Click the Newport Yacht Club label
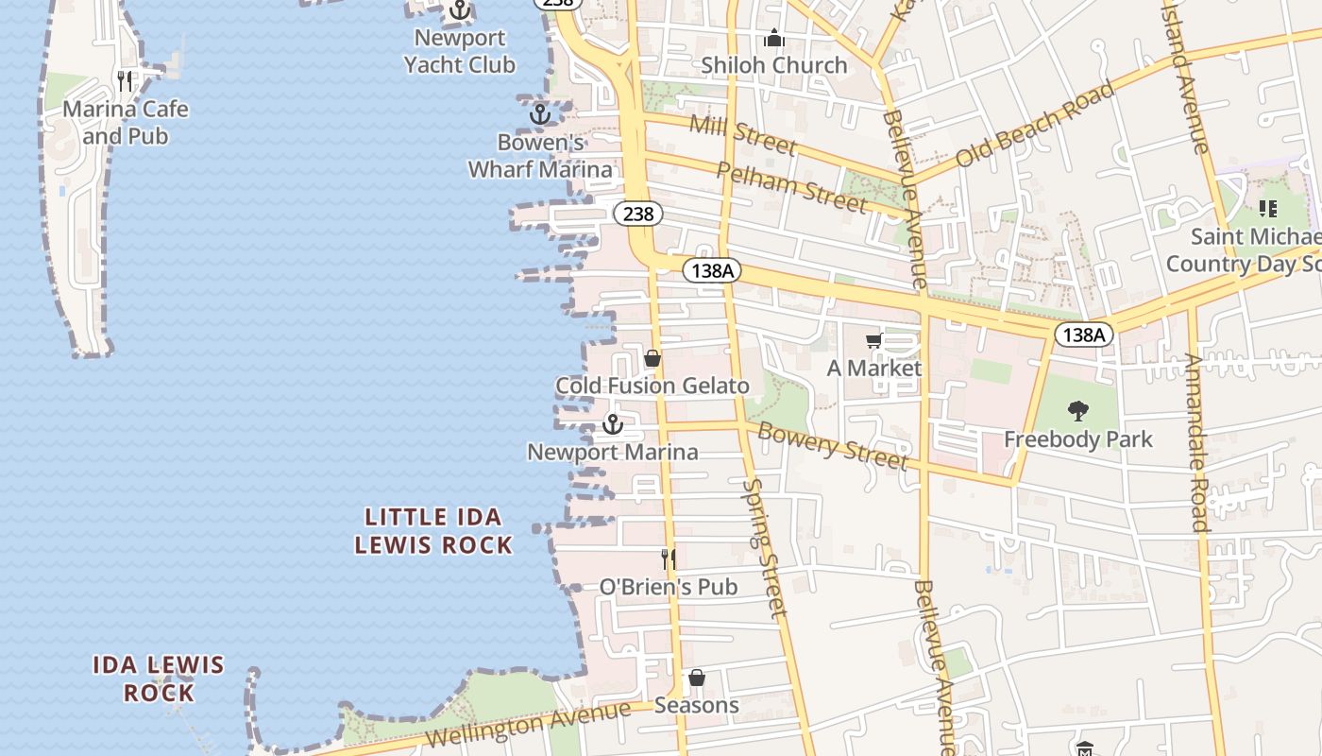pos(460,52)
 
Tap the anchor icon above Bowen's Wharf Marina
pos(539,115)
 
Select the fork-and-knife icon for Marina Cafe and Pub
pos(125,80)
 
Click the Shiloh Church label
pos(774,65)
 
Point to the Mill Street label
pos(742,133)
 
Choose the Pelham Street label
pos(790,186)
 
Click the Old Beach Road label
pos(1034,125)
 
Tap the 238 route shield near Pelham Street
pos(638,214)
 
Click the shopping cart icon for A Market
pos(874,340)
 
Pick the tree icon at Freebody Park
pos(1077,411)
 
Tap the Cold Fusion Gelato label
pos(653,386)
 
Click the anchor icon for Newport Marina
pos(613,424)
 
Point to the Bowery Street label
pos(832,446)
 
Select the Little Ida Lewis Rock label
pos(433,531)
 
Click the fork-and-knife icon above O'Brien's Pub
pos(669,558)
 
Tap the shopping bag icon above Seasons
pos(696,678)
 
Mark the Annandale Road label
pos(1195,441)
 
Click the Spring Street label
pos(764,547)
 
